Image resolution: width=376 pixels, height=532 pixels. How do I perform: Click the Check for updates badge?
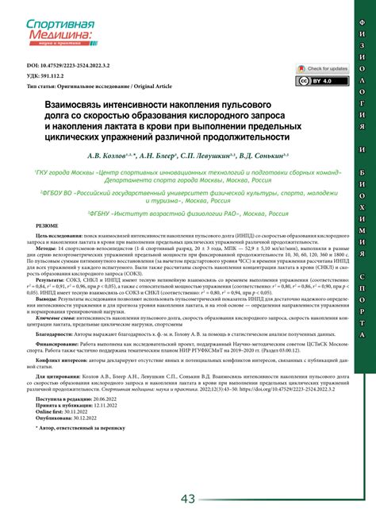[x=317, y=69]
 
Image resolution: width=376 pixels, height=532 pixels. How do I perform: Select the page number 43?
[x=188, y=498]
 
